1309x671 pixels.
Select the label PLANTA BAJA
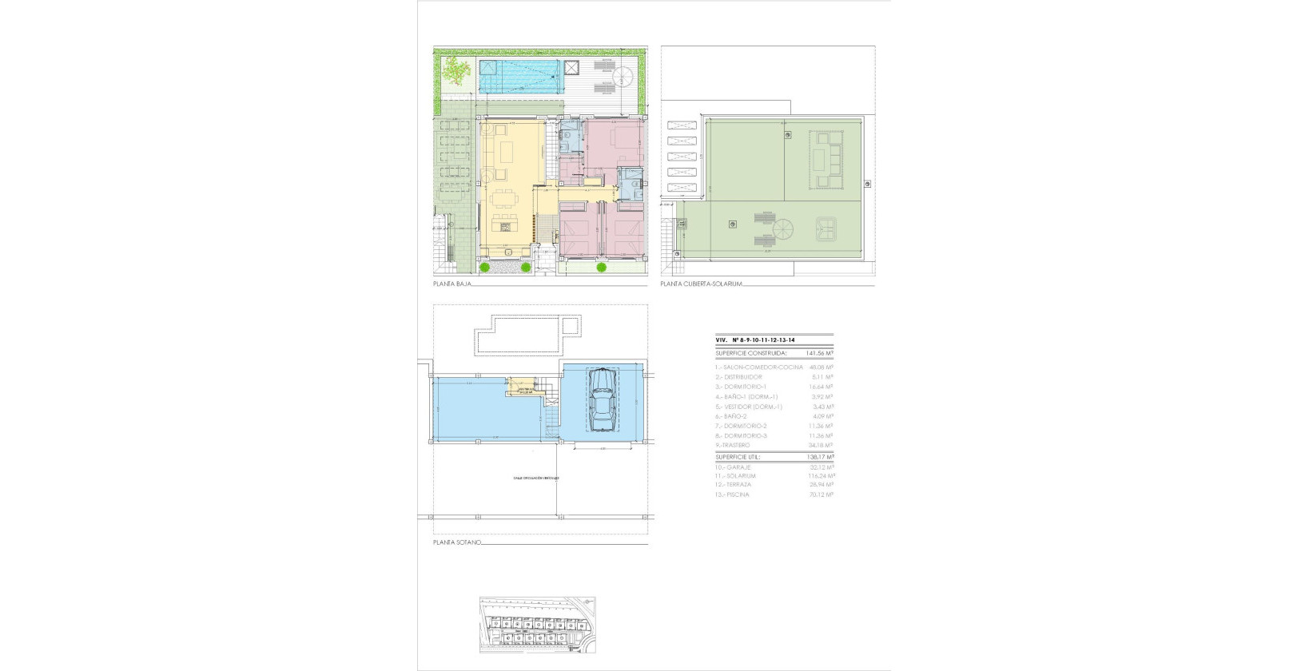452,284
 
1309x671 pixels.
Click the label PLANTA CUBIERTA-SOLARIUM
702,284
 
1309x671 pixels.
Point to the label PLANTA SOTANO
457,542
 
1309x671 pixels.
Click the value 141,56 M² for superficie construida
819,352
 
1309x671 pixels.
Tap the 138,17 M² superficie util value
819,457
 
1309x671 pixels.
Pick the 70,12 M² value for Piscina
820,494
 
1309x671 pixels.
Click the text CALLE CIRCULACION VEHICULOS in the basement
536,478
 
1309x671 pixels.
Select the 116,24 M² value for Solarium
820,475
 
